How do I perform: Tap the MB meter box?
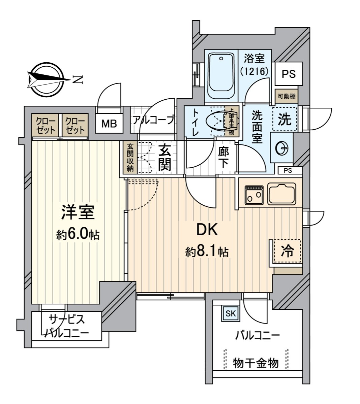[109, 124]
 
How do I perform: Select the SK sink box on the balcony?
[231, 314]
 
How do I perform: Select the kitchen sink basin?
[281, 194]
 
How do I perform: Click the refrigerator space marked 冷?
[287, 251]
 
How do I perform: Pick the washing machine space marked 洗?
[285, 120]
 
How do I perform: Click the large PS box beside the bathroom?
[289, 74]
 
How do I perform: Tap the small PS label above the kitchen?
[288, 170]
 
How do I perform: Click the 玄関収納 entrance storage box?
[130, 158]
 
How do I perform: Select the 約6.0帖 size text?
[78, 234]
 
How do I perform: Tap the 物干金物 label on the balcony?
[256, 363]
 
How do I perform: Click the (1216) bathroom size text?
[254, 71]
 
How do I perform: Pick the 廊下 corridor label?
[223, 157]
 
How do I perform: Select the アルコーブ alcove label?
[153, 120]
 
